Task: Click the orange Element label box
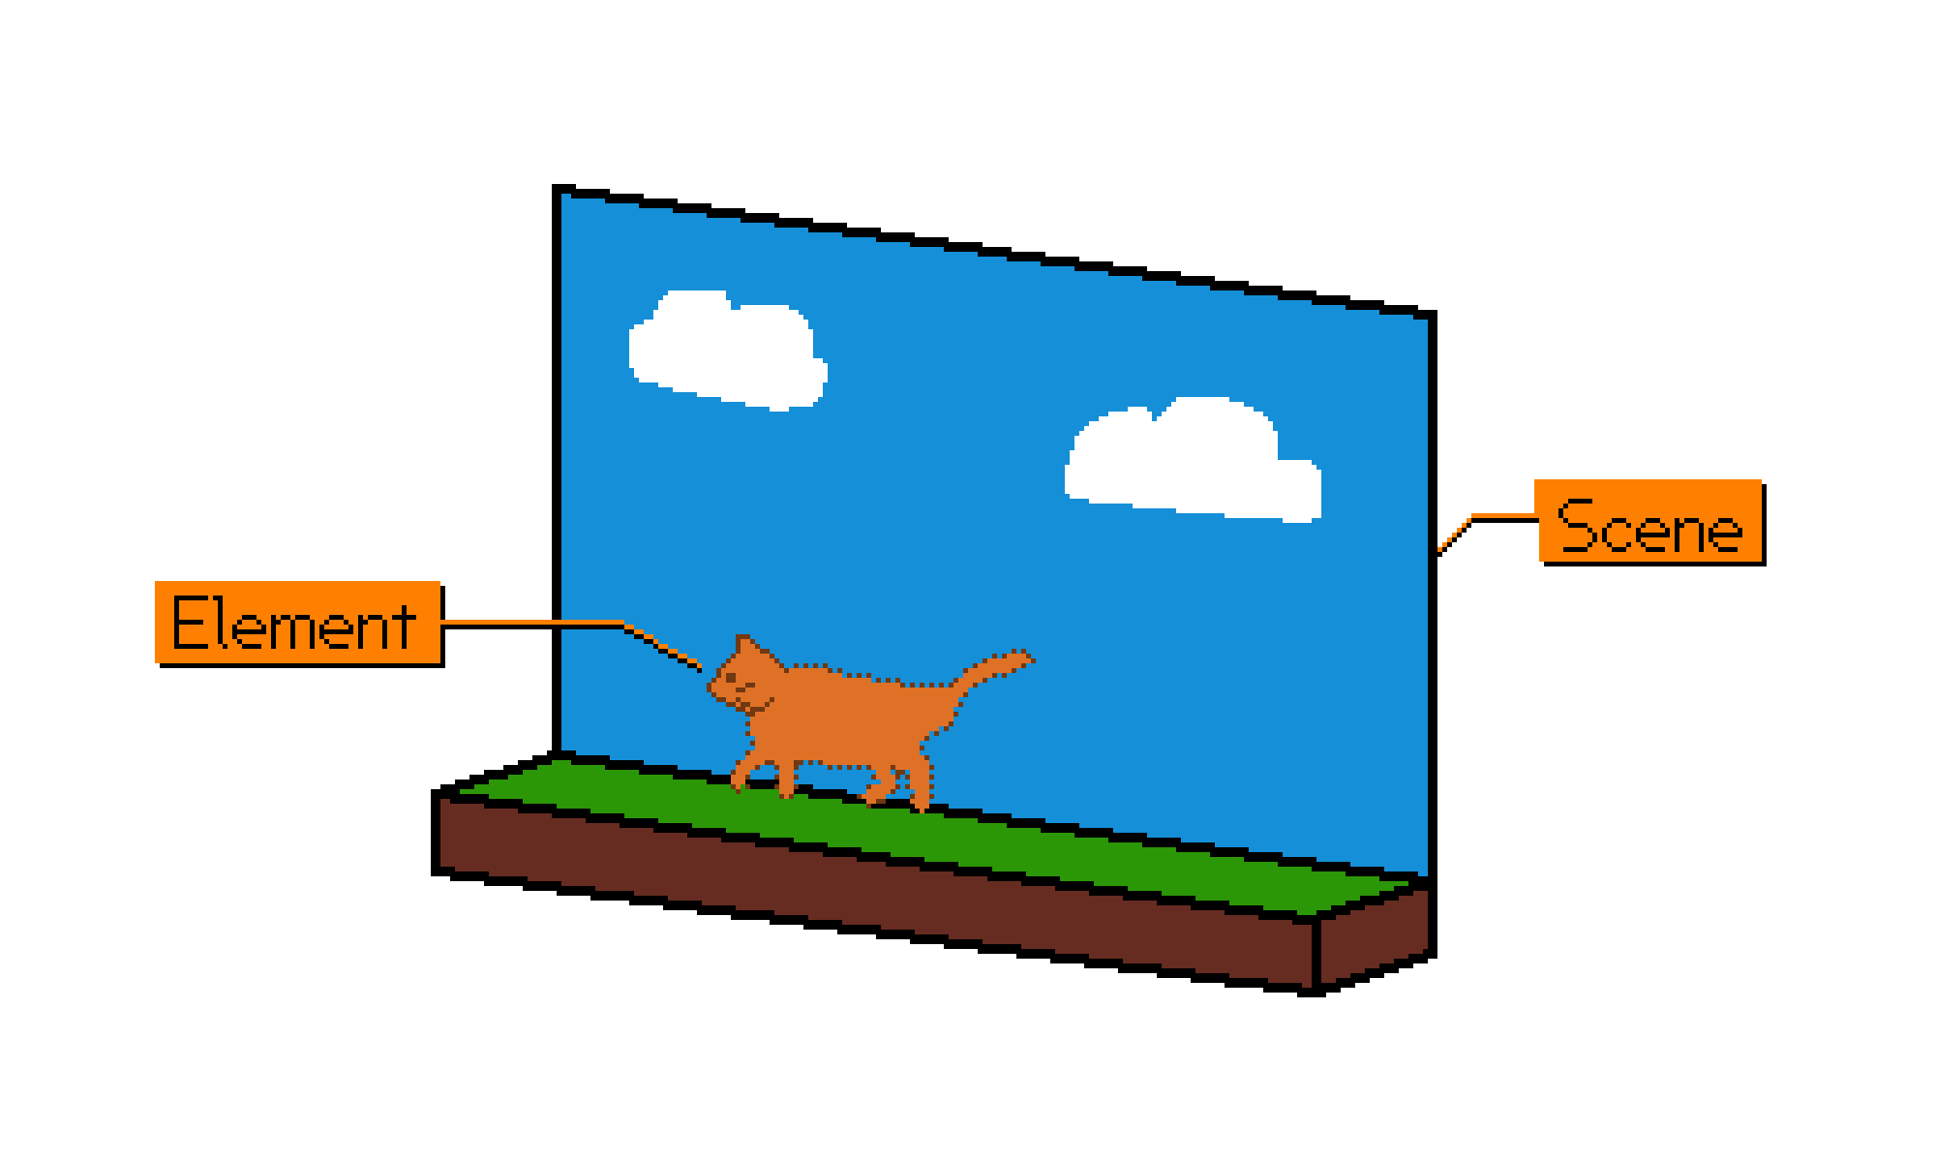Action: (x=297, y=622)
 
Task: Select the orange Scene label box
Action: (x=1648, y=520)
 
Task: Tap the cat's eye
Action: (x=731, y=678)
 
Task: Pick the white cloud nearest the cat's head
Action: (x=726, y=349)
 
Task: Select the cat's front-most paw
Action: (x=738, y=782)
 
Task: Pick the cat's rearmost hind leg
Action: (x=920, y=794)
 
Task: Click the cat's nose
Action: (x=711, y=688)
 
